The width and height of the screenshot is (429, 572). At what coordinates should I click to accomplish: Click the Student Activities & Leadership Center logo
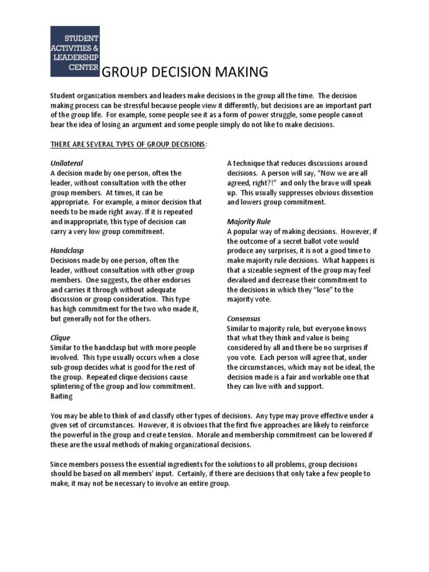[x=75, y=51]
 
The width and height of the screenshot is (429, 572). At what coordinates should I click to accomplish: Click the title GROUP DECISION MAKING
[x=179, y=73]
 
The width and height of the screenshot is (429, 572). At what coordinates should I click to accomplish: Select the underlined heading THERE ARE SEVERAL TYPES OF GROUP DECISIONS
[x=127, y=145]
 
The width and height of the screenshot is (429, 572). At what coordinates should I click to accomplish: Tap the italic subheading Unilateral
[x=66, y=163]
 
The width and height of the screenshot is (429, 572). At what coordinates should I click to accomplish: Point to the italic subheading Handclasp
[x=67, y=251]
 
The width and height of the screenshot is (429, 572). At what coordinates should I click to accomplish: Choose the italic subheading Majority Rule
[x=249, y=222]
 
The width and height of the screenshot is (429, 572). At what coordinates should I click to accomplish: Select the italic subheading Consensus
[x=244, y=318]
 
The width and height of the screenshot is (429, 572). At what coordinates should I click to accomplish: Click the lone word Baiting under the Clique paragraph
[x=61, y=396]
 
